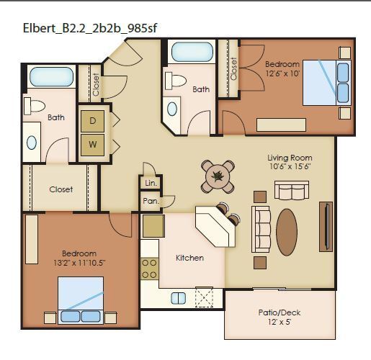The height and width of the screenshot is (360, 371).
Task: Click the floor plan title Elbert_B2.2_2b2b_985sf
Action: (90, 28)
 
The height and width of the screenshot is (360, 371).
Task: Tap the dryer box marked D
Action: (92, 121)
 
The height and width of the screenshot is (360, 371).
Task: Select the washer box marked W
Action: (92, 143)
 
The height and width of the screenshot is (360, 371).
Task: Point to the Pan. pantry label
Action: (150, 202)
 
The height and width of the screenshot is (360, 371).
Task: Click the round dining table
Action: (218, 175)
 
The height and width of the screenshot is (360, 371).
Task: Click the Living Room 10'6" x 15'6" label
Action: (290, 163)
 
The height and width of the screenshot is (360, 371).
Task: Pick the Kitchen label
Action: (190, 258)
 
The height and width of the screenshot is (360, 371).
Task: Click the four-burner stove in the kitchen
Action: (150, 269)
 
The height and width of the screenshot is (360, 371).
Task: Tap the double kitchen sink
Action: (178, 297)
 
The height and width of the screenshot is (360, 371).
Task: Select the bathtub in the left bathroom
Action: (51, 78)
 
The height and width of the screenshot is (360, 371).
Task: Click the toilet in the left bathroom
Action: (36, 106)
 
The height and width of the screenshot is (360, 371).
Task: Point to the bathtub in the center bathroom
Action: (192, 52)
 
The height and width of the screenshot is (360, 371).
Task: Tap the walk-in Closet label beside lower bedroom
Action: (61, 190)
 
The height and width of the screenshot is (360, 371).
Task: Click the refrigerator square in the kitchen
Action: (153, 226)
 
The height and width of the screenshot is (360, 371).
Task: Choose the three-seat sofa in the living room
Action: (260, 228)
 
